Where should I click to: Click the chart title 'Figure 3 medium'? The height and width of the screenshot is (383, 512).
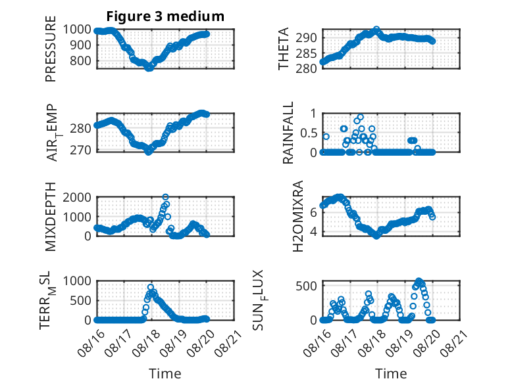(x=165, y=16)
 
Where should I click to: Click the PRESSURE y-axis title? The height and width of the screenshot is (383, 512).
(x=51, y=49)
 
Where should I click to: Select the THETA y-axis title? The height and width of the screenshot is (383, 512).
(x=284, y=49)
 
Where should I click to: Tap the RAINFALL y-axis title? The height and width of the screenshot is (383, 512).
(x=288, y=133)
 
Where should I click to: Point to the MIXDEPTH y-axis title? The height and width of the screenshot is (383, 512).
(x=51, y=217)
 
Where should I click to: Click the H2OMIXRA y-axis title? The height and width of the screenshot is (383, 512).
(x=298, y=216)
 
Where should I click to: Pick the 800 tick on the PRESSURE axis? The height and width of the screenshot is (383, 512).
(x=80, y=60)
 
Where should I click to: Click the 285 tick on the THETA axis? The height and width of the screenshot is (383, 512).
(x=306, y=53)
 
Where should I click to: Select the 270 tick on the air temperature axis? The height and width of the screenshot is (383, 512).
(x=80, y=150)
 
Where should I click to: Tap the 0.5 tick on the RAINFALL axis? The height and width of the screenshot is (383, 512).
(x=309, y=133)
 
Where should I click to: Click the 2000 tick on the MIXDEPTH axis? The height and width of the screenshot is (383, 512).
(x=77, y=197)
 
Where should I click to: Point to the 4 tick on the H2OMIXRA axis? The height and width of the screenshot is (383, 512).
(x=313, y=232)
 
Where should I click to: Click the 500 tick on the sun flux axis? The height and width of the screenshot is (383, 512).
(x=306, y=286)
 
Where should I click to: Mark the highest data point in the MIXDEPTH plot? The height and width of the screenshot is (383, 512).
(x=166, y=197)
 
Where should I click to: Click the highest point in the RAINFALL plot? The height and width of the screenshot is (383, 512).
(x=361, y=118)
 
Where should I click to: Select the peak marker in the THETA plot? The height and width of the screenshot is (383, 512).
(x=376, y=30)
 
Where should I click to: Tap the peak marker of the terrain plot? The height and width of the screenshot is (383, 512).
(x=151, y=287)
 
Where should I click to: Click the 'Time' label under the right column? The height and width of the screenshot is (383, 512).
(x=391, y=374)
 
